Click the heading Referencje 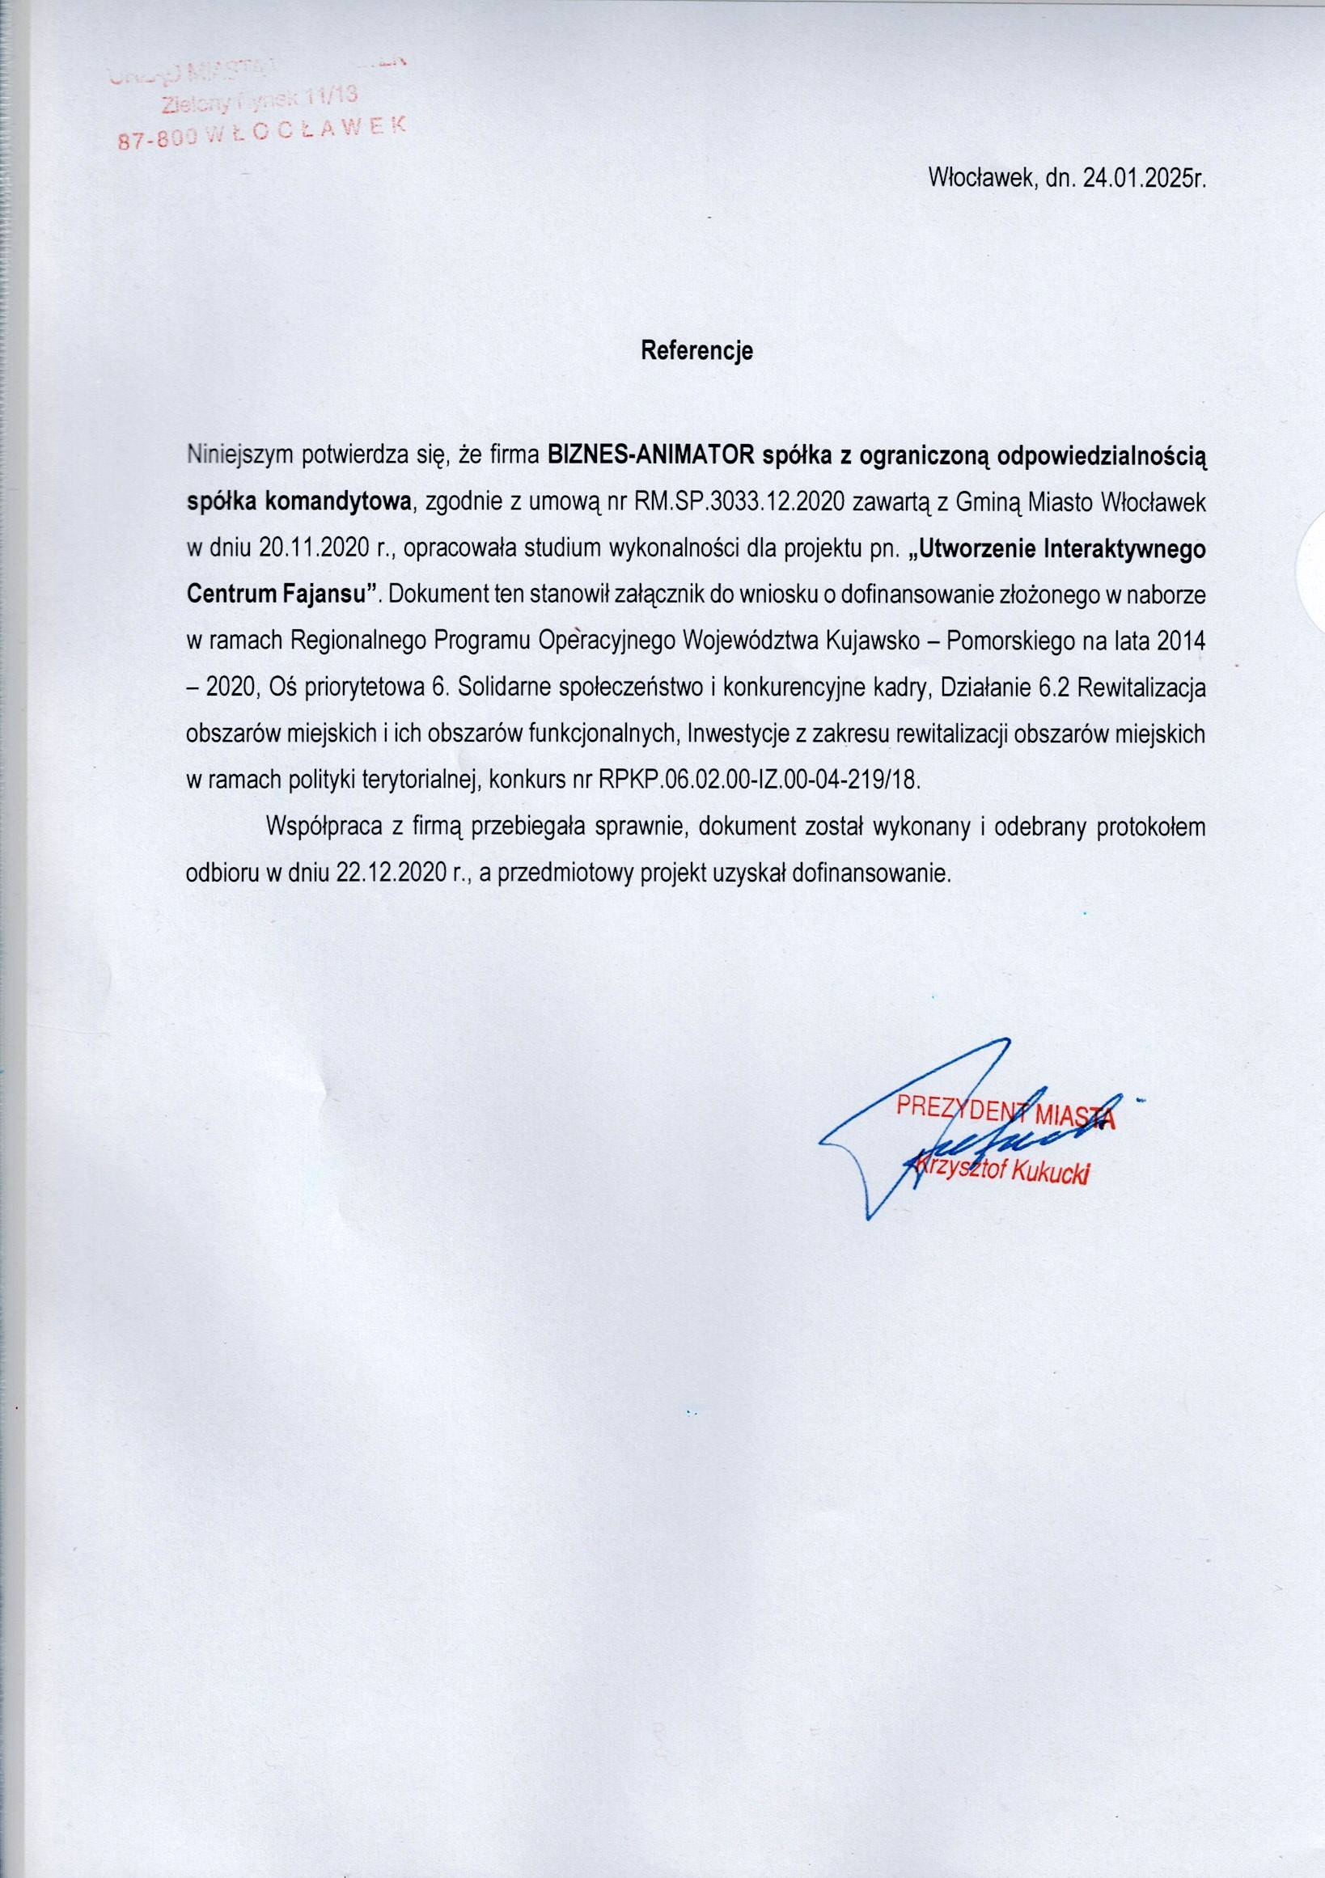(696, 350)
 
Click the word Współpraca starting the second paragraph (324, 826)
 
